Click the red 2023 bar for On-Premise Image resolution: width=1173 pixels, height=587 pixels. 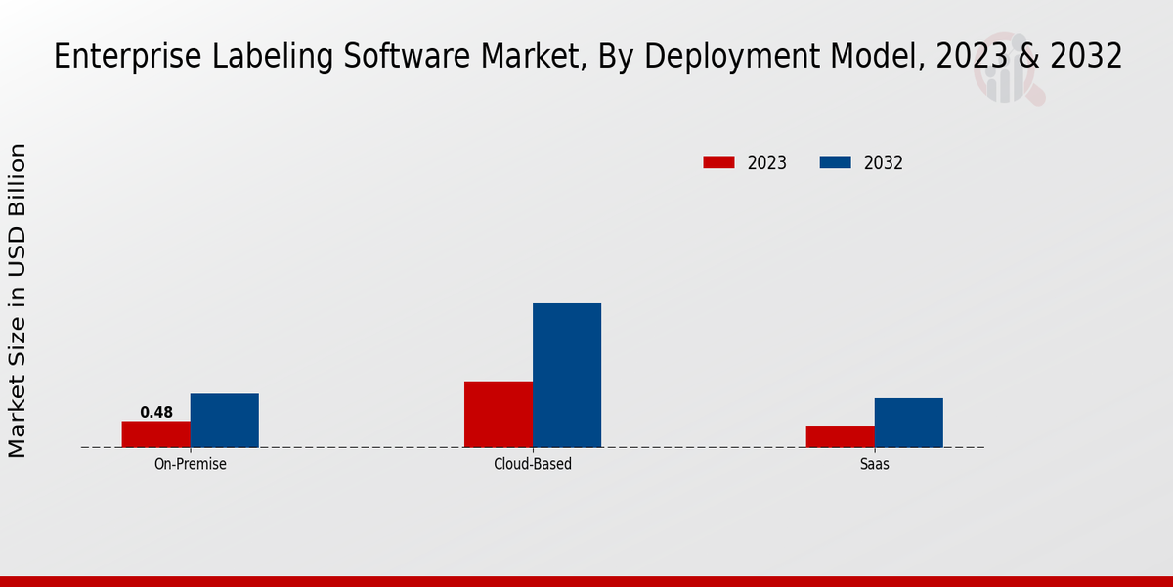(x=156, y=434)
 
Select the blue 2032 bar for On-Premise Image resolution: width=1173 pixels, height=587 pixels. (x=225, y=421)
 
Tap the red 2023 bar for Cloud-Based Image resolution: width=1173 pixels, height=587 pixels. (x=499, y=414)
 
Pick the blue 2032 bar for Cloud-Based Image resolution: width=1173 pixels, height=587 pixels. (x=567, y=376)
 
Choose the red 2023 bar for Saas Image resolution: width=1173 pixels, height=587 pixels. (x=841, y=436)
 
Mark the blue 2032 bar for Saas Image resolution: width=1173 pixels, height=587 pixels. (x=909, y=423)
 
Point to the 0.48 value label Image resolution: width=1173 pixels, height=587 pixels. (x=156, y=413)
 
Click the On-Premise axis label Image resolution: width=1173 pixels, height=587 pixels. (x=191, y=464)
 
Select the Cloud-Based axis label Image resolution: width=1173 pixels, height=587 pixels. (x=533, y=464)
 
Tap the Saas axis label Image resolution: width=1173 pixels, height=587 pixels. (x=875, y=464)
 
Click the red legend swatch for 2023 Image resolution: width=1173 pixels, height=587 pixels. (x=718, y=162)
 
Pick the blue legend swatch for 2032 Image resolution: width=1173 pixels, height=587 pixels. (x=836, y=162)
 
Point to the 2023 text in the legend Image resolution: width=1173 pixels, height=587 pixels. (x=767, y=163)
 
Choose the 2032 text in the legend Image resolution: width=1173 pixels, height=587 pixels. (x=884, y=163)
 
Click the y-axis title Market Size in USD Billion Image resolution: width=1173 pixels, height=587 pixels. (x=18, y=300)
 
